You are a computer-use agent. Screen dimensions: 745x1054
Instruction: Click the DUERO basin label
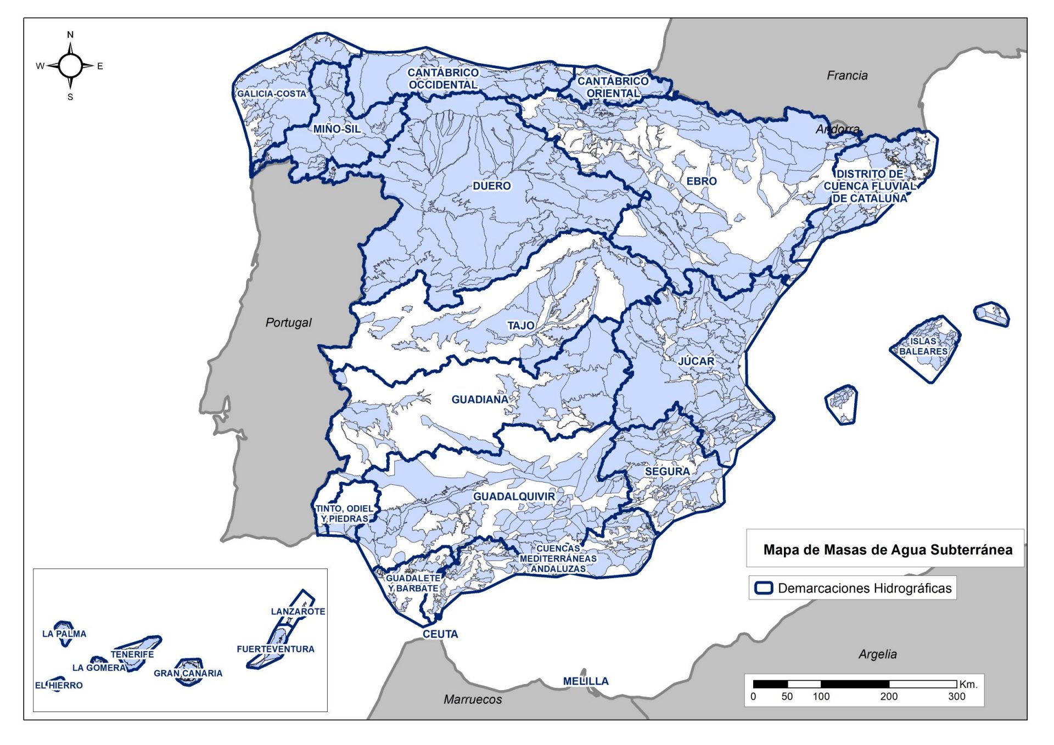(491, 186)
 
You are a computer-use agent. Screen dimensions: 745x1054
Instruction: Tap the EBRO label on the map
(701, 181)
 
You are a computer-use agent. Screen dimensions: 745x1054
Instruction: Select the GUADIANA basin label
(480, 400)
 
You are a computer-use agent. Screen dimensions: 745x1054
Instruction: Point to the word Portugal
(288, 323)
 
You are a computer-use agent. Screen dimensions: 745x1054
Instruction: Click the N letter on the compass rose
(70, 35)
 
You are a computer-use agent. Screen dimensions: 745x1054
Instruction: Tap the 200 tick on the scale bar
(888, 697)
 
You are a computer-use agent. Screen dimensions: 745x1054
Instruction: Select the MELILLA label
(586, 681)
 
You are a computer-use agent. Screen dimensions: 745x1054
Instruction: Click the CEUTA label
(440, 634)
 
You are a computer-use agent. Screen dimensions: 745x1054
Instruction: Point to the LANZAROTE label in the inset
(298, 612)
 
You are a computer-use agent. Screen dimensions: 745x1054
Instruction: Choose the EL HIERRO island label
(59, 686)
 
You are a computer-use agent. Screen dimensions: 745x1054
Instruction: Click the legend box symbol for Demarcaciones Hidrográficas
(764, 588)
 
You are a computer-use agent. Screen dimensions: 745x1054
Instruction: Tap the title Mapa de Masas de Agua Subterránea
(888, 550)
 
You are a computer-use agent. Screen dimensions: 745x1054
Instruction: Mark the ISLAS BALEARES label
(923, 346)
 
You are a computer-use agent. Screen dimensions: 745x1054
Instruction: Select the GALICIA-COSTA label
(271, 94)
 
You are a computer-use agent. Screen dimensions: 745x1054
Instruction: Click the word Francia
(847, 76)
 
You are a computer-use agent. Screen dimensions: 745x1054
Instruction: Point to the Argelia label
(877, 654)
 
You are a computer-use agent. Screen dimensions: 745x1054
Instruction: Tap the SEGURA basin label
(667, 471)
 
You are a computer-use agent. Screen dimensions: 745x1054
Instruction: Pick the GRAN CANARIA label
(188, 674)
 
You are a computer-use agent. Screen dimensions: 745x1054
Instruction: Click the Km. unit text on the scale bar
(968, 684)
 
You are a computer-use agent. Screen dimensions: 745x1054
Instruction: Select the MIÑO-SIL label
(337, 129)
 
